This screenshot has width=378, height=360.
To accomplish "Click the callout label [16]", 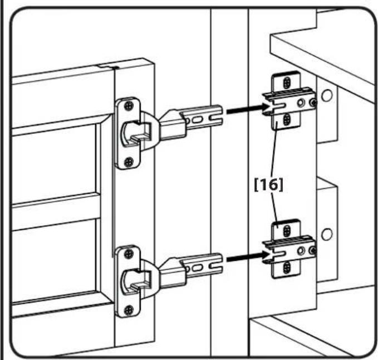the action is (269, 185).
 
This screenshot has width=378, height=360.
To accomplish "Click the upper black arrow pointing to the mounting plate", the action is (248, 109).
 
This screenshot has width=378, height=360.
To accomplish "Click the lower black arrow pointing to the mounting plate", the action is (248, 257).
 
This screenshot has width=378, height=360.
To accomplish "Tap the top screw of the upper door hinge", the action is (129, 106).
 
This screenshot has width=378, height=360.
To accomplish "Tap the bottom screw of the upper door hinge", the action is (129, 162).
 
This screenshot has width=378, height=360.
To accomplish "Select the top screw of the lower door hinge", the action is (129, 254).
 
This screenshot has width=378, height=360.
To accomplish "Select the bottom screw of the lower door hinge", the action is (129, 310).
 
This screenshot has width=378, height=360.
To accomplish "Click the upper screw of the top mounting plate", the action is (287, 82).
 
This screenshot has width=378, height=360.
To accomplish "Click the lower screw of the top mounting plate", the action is (287, 120).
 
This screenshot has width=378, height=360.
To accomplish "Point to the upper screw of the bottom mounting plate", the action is (287, 231).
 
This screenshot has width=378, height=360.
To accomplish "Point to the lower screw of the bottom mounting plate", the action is (287, 267).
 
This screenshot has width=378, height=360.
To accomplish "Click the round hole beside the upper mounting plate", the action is (327, 95).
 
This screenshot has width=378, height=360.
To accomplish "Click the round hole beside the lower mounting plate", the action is (327, 234).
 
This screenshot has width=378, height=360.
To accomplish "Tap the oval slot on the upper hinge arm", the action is (198, 119).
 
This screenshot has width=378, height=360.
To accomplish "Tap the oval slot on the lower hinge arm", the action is (198, 267).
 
